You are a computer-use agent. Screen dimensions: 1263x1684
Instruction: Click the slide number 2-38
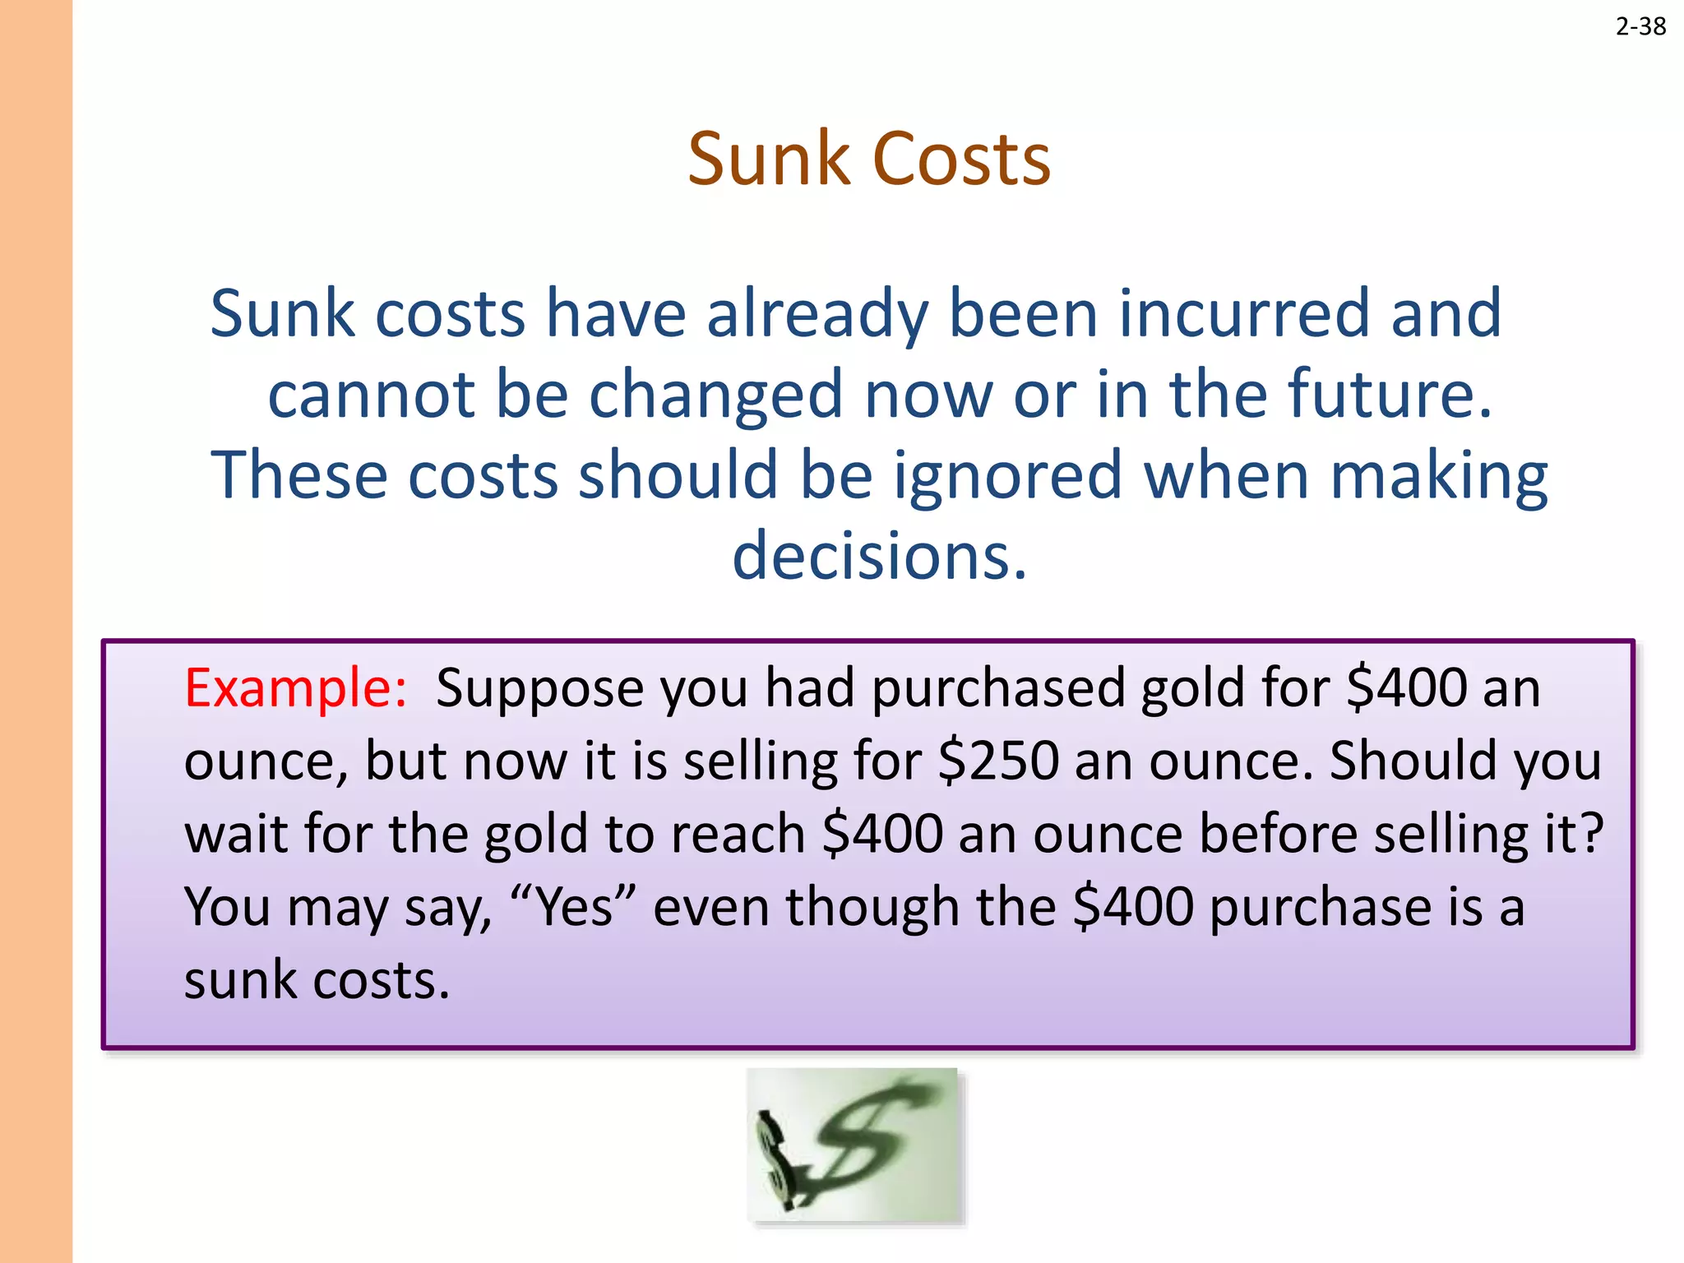[x=1640, y=27]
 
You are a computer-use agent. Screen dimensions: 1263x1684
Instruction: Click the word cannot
[x=372, y=395]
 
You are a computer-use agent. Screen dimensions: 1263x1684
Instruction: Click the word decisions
[x=879, y=556]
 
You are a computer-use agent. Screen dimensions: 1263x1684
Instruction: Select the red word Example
[x=295, y=688]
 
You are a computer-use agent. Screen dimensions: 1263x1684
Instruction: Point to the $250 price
[x=998, y=761]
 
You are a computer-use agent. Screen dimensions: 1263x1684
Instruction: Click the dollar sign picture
[x=853, y=1145]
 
